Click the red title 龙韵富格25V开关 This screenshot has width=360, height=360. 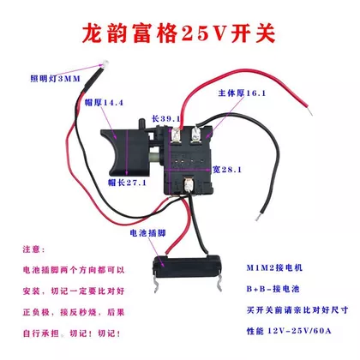[178, 33]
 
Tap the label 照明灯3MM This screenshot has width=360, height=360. [55, 79]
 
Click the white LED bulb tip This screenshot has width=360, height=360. [105, 63]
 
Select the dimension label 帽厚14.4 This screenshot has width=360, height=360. [104, 103]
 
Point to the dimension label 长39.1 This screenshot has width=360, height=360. [166, 118]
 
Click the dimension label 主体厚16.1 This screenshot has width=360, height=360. [242, 93]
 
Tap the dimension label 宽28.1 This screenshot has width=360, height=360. [227, 170]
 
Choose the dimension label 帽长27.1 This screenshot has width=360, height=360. [127, 183]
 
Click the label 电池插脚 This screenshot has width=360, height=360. [147, 233]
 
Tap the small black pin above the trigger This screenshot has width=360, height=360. [141, 124]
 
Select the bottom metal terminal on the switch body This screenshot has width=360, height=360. [188, 184]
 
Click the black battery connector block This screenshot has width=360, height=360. [187, 263]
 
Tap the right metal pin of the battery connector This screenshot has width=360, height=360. [218, 284]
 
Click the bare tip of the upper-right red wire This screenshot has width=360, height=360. [309, 111]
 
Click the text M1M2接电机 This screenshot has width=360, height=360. [274, 267]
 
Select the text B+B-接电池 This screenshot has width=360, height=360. [273, 289]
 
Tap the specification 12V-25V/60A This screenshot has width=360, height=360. [299, 331]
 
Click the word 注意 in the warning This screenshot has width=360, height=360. [32, 249]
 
